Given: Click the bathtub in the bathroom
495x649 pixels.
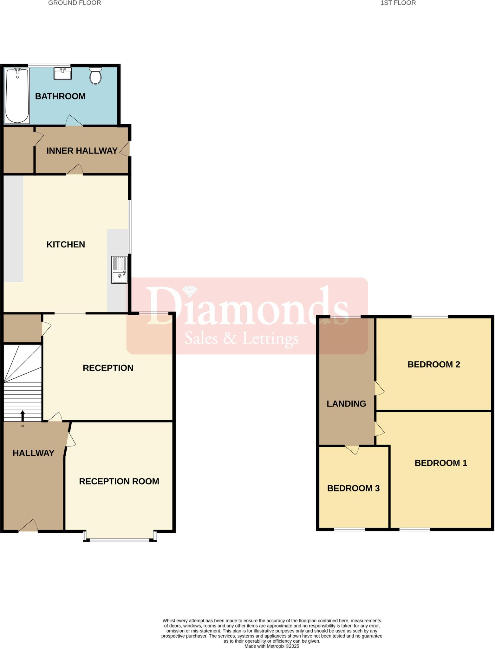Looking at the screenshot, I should tap(17, 95).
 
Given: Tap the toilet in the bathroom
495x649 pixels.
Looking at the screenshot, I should tap(95, 75).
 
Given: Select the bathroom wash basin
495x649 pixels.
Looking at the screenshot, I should tap(63, 74).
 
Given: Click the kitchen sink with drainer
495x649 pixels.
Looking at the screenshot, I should tap(119, 270).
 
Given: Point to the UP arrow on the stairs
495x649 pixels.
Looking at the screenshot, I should tap(23, 415).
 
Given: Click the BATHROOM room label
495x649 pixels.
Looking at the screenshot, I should tap(60, 96).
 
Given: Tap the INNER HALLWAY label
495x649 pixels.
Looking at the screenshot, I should tap(82, 151).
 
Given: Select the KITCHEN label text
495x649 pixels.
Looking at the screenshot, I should tap(66, 245).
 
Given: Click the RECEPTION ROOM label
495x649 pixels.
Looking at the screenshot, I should tap(119, 481).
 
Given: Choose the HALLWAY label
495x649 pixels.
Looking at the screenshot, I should tap(33, 453).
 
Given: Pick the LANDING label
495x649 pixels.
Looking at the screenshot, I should tap(346, 404).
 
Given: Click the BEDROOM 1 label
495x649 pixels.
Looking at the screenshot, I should tap(441, 463).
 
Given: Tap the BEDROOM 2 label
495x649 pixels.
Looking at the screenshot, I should tap(433, 364).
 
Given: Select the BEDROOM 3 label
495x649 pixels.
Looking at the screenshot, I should tap(353, 488).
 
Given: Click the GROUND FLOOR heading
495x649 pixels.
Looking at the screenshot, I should tap(75, 3).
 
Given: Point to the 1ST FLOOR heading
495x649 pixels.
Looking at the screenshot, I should tap(398, 3).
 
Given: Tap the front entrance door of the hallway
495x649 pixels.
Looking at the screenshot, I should tap(29, 526).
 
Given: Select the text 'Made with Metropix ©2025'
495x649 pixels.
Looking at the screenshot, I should tap(272, 646).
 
